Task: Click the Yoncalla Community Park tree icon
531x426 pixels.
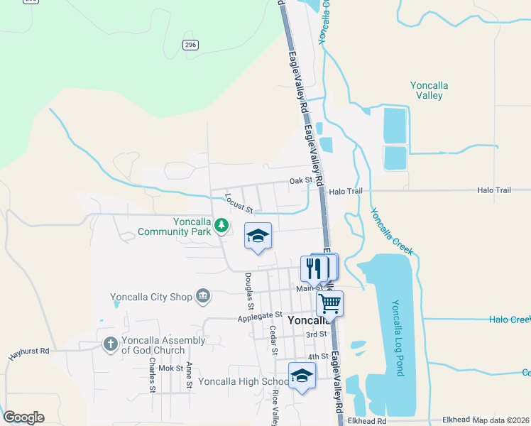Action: pyautogui.click(x=222, y=226)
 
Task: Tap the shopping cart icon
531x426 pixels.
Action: pyautogui.click(x=329, y=303)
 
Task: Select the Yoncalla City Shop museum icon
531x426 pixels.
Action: pyautogui.click(x=202, y=295)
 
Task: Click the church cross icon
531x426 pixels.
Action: pyautogui.click(x=110, y=344)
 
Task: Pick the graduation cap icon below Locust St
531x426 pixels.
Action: pyautogui.click(x=258, y=235)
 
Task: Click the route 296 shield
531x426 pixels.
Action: pyautogui.click(x=190, y=45)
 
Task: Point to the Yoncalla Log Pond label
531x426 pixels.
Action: pyautogui.click(x=397, y=331)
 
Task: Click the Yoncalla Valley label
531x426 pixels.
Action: pyautogui.click(x=429, y=90)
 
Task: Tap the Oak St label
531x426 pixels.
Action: pyautogui.click(x=301, y=181)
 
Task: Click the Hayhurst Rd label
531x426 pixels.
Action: pyautogui.click(x=29, y=351)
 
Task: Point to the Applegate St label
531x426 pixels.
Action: pyautogui.click(x=260, y=315)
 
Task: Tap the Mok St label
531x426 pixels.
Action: pyautogui.click(x=170, y=368)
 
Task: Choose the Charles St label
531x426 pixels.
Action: pyautogui.click(x=152, y=374)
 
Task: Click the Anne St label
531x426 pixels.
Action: pyautogui.click(x=189, y=374)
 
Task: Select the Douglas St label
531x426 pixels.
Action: pyautogui.click(x=248, y=288)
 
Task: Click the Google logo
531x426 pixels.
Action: pyautogui.click(x=23, y=417)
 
